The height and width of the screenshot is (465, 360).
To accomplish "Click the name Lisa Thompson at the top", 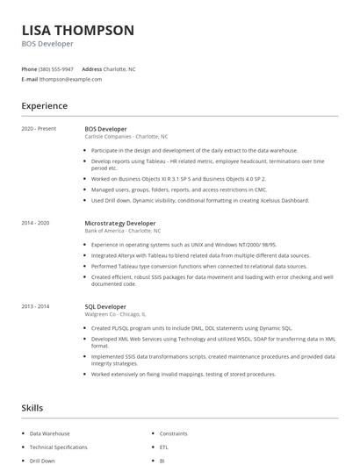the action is pyautogui.click(x=78, y=30).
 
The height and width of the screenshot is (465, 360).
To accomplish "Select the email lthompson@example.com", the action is pyautogui.click(x=70, y=79).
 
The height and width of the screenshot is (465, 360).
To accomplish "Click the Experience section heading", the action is pyautogui.click(x=44, y=106).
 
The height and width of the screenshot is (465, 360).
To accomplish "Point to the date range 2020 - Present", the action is pyautogui.click(x=39, y=129).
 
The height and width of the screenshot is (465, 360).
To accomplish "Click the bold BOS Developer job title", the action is pyautogui.click(x=105, y=129).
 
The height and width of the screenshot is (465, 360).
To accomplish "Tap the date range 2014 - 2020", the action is pyautogui.click(x=36, y=223).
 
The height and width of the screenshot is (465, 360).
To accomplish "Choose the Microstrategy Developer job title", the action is pyautogui.click(x=120, y=223).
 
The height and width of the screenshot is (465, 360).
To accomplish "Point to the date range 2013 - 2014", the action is pyautogui.click(x=36, y=306).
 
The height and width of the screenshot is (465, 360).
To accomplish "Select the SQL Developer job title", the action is pyautogui.click(x=105, y=306).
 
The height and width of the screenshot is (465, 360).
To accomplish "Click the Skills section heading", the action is pyautogui.click(x=33, y=408).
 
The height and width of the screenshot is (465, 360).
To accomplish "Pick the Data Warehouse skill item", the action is pyautogui.click(x=50, y=433).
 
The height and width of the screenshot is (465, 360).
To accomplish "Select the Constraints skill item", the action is pyautogui.click(x=174, y=433).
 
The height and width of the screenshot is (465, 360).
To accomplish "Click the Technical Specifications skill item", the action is pyautogui.click(x=59, y=447).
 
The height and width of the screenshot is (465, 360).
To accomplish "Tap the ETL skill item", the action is pyautogui.click(x=163, y=447).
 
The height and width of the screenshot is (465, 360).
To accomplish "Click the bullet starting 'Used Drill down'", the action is pyautogui.click(x=200, y=200).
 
